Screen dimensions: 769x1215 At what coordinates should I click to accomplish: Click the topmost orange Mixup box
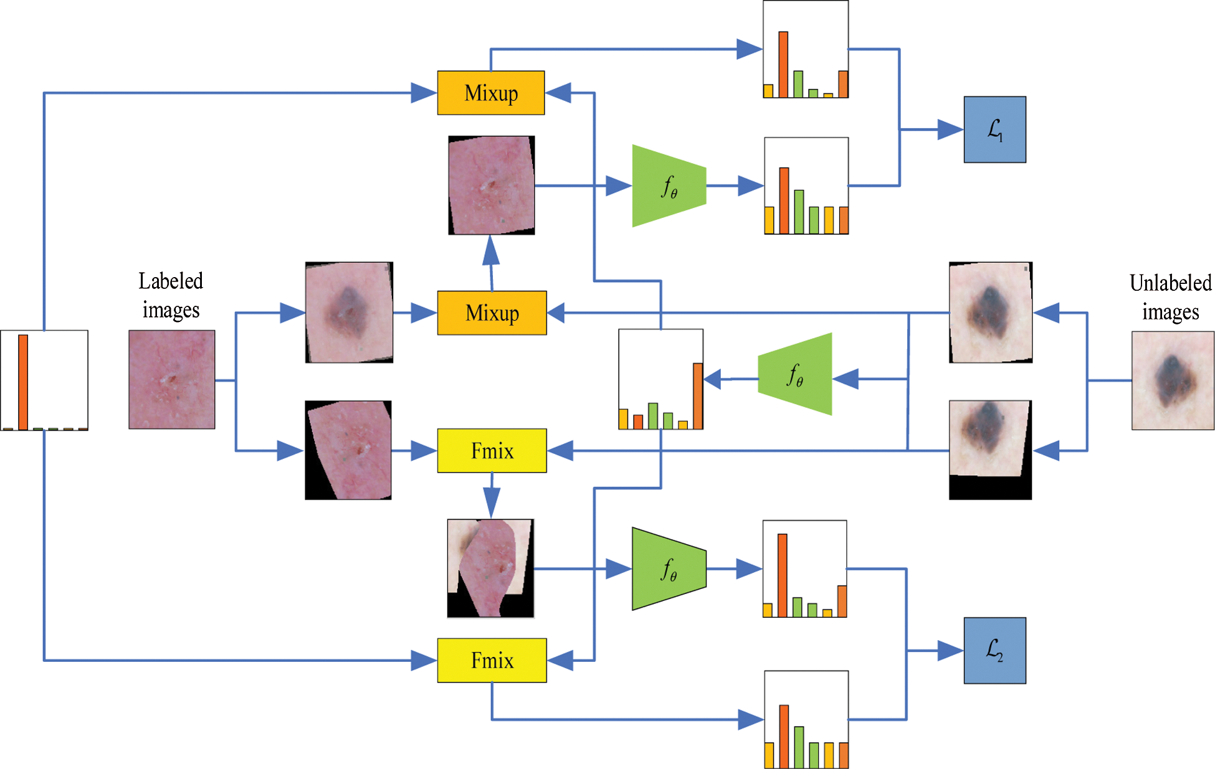click(490, 93)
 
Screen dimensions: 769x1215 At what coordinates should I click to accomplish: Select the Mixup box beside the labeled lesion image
click(492, 313)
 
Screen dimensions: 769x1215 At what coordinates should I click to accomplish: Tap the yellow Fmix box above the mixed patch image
click(492, 450)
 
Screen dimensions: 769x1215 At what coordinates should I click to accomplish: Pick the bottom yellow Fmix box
click(492, 660)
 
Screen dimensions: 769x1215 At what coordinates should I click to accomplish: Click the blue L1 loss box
click(994, 130)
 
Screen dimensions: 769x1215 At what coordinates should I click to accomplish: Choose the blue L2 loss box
click(994, 650)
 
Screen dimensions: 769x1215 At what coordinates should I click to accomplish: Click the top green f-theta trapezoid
click(669, 186)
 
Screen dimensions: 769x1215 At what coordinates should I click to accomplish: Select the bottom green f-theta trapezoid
click(669, 568)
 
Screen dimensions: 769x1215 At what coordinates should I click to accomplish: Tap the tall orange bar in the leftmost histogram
click(23, 382)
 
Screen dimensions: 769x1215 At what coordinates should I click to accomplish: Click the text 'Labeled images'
click(171, 295)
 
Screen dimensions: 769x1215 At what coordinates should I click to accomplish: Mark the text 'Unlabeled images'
click(1170, 297)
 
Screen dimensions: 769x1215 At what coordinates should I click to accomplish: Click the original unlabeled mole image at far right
click(1172, 380)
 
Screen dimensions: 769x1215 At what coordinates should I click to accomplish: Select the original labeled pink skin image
click(171, 379)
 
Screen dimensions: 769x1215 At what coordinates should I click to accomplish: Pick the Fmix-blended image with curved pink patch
click(490, 568)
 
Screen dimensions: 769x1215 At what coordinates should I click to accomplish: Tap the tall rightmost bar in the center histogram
click(698, 396)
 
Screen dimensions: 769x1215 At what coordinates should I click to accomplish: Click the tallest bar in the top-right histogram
click(783, 65)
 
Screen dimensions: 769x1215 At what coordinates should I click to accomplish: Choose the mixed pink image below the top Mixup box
click(491, 185)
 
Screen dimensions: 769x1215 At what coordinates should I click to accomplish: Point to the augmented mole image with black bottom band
click(989, 450)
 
